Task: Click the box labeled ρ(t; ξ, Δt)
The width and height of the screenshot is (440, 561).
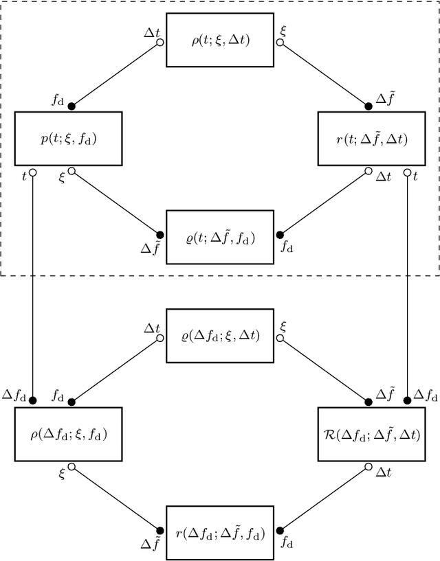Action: pyautogui.click(x=220, y=41)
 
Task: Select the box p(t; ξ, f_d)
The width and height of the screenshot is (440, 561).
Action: pyautogui.click(x=68, y=139)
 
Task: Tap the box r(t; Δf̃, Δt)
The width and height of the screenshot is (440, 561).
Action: pyautogui.click(x=371, y=139)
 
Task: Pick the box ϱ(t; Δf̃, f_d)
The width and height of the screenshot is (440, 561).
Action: pyautogui.click(x=220, y=239)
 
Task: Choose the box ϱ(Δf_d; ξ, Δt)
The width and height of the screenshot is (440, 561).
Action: pyautogui.click(x=220, y=337)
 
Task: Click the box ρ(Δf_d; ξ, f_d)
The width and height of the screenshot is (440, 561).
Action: pyautogui.click(x=68, y=435)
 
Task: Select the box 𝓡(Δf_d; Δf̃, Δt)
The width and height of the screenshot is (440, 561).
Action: pyautogui.click(x=371, y=435)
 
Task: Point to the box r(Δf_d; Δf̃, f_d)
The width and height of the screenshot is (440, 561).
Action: pyautogui.click(x=220, y=534)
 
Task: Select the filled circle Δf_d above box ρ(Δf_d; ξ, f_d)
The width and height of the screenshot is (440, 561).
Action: pyautogui.click(x=32, y=400)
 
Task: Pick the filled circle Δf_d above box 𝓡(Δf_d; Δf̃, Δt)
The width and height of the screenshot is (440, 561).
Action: pyautogui.click(x=408, y=400)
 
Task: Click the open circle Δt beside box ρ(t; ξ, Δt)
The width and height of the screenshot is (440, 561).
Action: pyautogui.click(x=160, y=43)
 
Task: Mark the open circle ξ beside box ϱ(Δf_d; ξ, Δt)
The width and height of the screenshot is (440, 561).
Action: pyautogui.click(x=280, y=338)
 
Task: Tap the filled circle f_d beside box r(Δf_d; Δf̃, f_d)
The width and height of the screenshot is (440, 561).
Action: pyautogui.click(x=280, y=530)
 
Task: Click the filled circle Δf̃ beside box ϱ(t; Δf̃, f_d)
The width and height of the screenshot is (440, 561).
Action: pyautogui.click(x=160, y=234)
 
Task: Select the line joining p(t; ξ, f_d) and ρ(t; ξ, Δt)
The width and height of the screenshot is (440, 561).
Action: pyautogui.click(x=115, y=73)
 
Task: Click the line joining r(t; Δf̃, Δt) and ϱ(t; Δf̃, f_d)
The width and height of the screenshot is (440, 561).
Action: pyautogui.click(x=325, y=203)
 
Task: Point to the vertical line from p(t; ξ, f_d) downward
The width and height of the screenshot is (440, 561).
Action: pyautogui.click(x=32, y=288)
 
